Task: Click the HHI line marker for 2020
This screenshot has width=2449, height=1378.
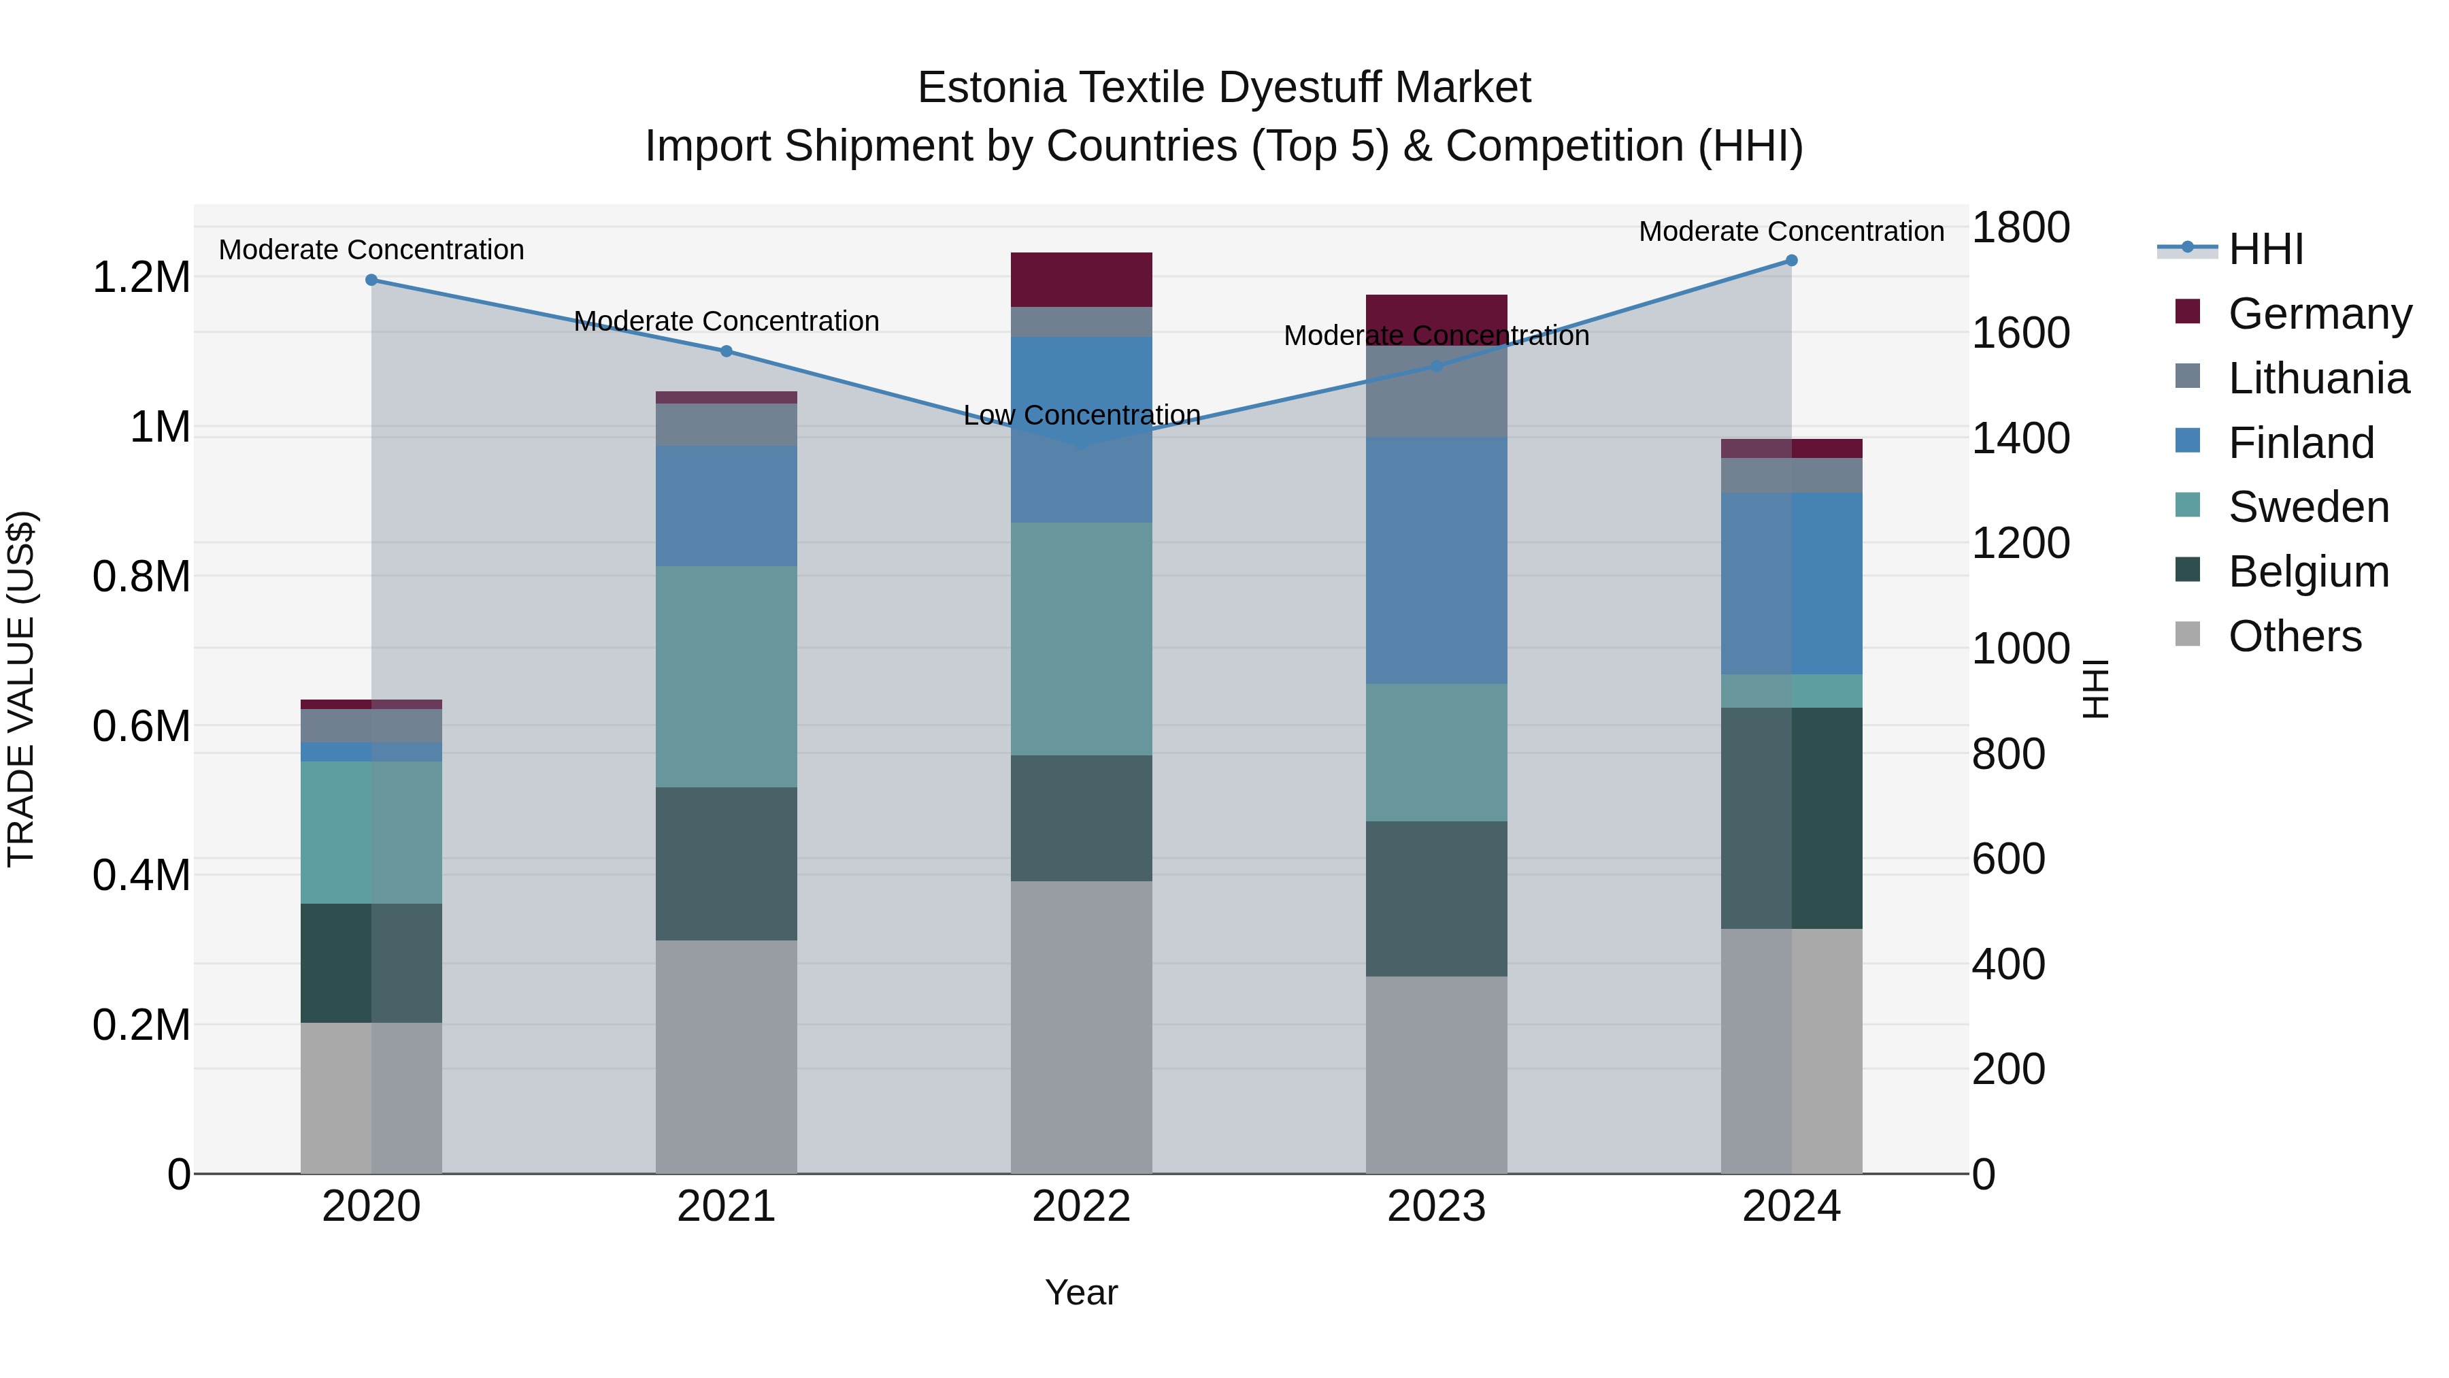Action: pyautogui.click(x=371, y=280)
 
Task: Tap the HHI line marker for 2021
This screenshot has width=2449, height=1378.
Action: pyautogui.click(x=727, y=351)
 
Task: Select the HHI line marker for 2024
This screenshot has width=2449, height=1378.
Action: pyautogui.click(x=1791, y=261)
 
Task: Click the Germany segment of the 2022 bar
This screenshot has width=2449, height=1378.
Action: pyautogui.click(x=1081, y=280)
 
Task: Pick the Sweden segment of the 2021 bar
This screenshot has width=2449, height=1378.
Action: pyautogui.click(x=727, y=676)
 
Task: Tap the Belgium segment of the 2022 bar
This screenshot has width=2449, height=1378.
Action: pyautogui.click(x=1081, y=818)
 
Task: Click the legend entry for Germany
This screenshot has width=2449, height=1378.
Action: pyautogui.click(x=2320, y=314)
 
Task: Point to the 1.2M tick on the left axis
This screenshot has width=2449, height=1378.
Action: pyautogui.click(x=141, y=278)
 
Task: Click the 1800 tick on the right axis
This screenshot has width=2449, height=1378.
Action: pyautogui.click(x=2020, y=227)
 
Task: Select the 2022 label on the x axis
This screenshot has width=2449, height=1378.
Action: pyautogui.click(x=1081, y=1207)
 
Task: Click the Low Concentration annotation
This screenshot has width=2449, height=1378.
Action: pyautogui.click(x=1081, y=416)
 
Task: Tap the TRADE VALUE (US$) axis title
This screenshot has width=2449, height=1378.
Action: pyautogui.click(x=21, y=689)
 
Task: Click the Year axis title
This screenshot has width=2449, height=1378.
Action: pyautogui.click(x=1081, y=1292)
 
